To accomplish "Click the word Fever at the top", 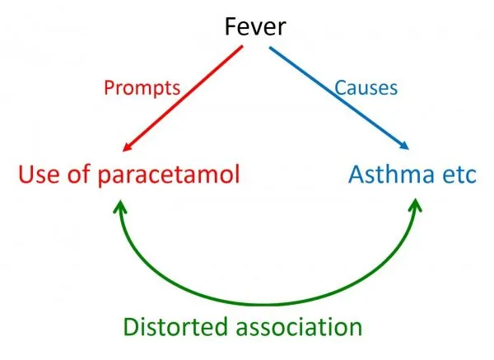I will tap(257, 27).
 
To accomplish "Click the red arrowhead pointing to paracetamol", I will tap(127, 148).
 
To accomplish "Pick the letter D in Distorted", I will tap(133, 326).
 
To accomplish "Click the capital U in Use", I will tap(25, 175).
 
